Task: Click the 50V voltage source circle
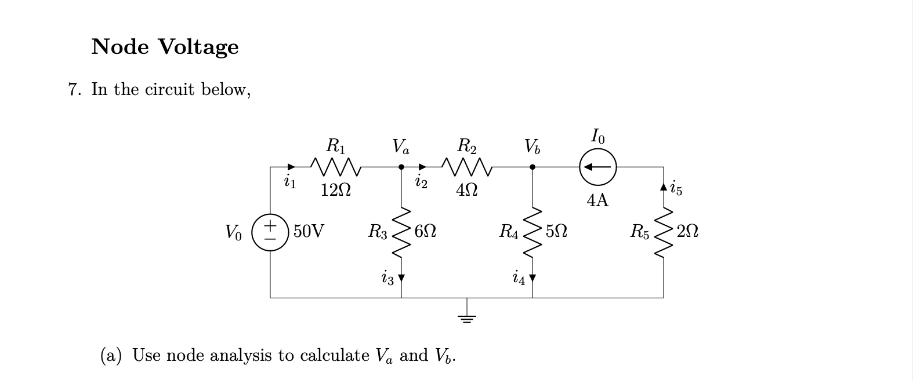[270, 233]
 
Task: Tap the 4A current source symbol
[597, 167]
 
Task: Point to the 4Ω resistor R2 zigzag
[467, 167]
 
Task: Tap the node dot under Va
[401, 167]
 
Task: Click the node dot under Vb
[532, 167]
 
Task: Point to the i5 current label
[676, 188]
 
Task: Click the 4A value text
[597, 201]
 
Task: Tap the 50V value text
[309, 232]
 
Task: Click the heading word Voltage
[198, 46]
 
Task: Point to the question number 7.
[74, 90]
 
